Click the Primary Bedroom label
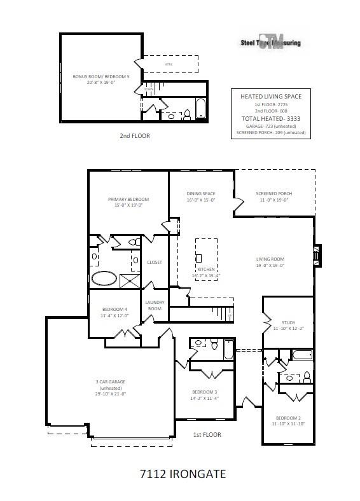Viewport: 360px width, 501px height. pyautogui.click(x=128, y=199)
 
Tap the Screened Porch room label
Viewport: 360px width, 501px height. pyautogui.click(x=274, y=194)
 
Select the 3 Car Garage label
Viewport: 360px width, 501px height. pyautogui.click(x=110, y=381)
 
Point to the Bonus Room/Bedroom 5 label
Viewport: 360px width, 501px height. pyautogui.click(x=102, y=77)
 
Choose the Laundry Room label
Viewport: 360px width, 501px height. pyautogui.click(x=155, y=305)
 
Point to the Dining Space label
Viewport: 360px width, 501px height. pyautogui.click(x=201, y=194)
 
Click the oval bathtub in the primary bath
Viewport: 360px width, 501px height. pyautogui.click(x=105, y=278)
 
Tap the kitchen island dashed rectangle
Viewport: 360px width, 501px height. pyautogui.click(x=205, y=255)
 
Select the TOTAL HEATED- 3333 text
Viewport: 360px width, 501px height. pyautogui.click(x=270, y=119)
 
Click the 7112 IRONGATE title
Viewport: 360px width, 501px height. pyautogui.click(x=182, y=474)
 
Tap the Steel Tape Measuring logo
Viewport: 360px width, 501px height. pyautogui.click(x=270, y=42)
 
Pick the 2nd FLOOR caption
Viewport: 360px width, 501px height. pyautogui.click(x=135, y=135)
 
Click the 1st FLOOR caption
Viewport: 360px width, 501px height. pyautogui.click(x=207, y=435)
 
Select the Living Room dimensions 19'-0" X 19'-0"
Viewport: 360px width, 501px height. pyautogui.click(x=270, y=266)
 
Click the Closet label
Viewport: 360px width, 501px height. pyautogui.click(x=155, y=262)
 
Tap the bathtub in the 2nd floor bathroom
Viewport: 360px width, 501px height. pyautogui.click(x=200, y=108)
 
